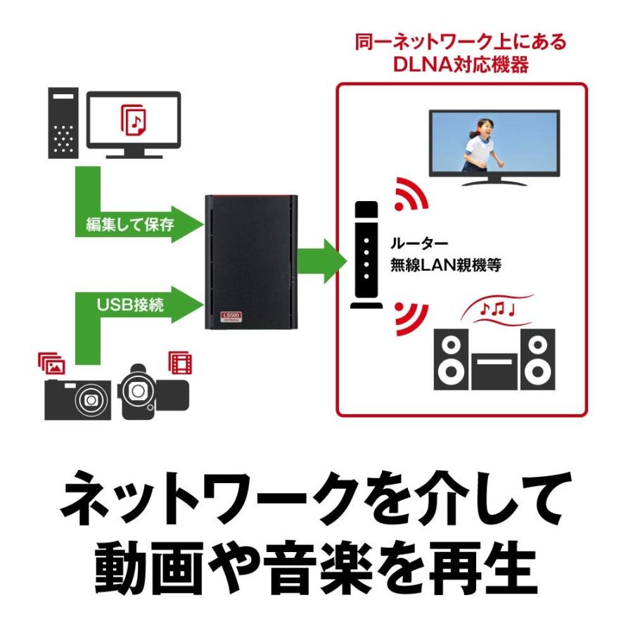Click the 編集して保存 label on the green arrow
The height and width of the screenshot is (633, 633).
129,224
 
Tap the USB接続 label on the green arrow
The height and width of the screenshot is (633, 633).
127,305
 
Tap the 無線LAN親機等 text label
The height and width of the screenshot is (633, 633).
445,266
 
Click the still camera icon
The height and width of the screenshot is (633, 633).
77,399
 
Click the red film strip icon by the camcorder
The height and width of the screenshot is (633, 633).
179,363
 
